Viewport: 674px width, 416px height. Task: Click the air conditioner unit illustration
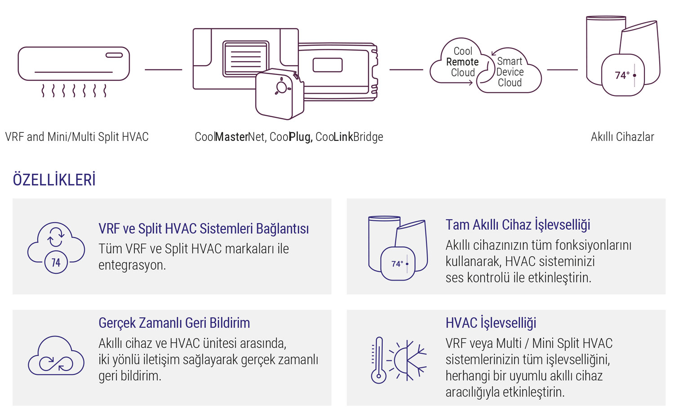coord(74,64)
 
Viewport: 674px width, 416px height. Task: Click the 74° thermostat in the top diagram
coord(623,75)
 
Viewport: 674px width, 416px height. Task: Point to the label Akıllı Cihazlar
coord(622,137)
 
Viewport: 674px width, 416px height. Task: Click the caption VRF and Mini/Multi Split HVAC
coord(77,137)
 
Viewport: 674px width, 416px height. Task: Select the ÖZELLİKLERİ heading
coord(54,180)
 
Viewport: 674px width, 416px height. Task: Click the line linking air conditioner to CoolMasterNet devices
coord(163,70)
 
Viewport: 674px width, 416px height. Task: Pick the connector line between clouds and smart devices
coord(562,70)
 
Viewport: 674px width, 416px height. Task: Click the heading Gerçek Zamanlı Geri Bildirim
coord(174,323)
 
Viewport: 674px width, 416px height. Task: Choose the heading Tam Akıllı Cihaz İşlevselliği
coord(518,224)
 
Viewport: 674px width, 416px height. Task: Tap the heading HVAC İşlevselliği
coord(491,323)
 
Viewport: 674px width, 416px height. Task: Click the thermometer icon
coord(378,360)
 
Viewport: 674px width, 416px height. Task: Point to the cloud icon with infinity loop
coord(56,357)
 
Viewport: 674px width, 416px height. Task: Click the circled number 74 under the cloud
coord(56,263)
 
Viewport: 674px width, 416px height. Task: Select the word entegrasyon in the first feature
coord(132,265)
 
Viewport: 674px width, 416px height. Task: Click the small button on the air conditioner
coord(114,55)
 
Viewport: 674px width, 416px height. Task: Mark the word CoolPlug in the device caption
coord(290,137)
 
